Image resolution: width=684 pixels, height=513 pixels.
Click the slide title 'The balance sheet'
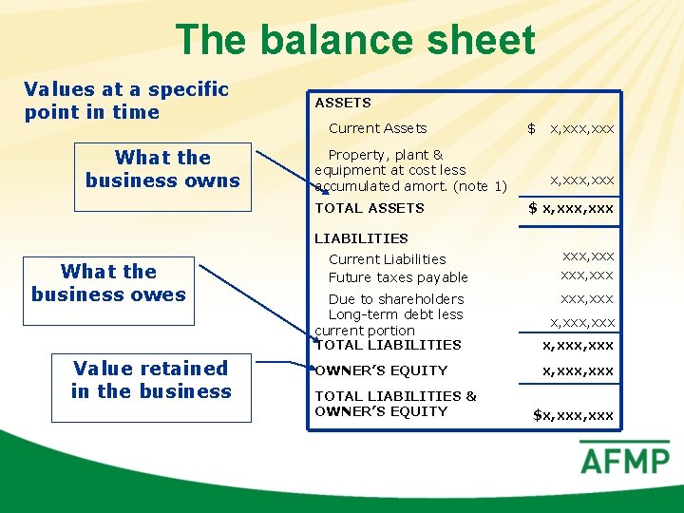(x=355, y=40)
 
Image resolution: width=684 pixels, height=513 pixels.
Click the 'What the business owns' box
(x=162, y=169)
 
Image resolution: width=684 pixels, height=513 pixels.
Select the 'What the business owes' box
(x=108, y=283)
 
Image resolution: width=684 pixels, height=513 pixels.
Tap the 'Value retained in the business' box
(x=151, y=380)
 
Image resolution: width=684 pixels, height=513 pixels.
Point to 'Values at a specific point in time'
(x=126, y=101)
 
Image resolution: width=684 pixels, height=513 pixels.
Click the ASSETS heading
(x=343, y=103)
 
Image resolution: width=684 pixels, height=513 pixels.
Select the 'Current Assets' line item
(x=377, y=128)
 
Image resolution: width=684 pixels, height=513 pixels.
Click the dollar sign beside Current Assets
(x=532, y=128)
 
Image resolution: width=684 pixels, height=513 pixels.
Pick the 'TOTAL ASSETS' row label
(x=370, y=208)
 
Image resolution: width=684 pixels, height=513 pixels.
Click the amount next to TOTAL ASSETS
(x=571, y=208)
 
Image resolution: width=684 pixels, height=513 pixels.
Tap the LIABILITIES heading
(x=361, y=238)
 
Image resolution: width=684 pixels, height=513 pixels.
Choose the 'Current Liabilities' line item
(x=387, y=259)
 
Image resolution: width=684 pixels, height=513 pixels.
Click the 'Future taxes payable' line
(x=398, y=277)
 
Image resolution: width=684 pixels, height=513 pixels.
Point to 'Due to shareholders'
(x=396, y=299)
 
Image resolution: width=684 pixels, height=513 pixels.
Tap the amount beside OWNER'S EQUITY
(x=578, y=370)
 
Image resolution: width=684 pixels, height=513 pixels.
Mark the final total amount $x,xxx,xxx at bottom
(x=573, y=415)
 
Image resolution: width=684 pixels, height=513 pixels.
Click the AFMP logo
(x=624, y=461)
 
